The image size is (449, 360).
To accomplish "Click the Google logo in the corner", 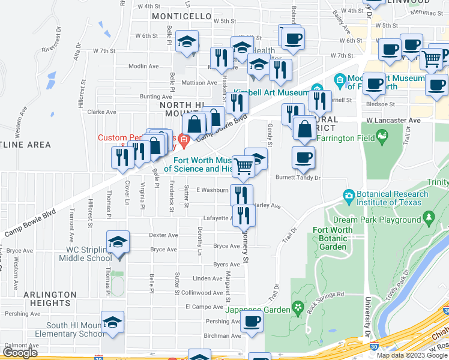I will click(20, 353).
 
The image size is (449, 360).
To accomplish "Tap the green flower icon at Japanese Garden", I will click(297, 310).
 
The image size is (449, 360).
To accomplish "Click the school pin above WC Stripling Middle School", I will click(118, 243).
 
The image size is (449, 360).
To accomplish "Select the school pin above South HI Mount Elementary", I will click(112, 323).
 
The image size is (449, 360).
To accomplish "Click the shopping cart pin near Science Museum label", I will click(243, 166).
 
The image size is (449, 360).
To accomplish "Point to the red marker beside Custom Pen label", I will click(182, 141).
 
